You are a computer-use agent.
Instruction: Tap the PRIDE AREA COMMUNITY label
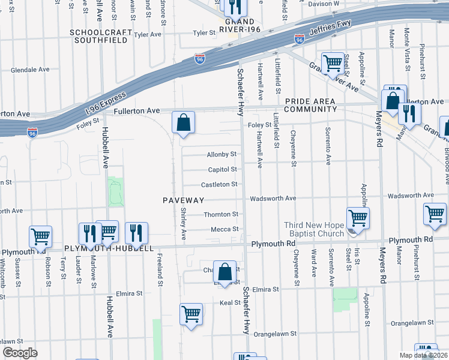point(311,106)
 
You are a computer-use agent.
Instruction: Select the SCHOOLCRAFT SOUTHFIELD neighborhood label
point(100,36)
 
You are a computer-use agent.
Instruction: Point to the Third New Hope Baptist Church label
point(314,230)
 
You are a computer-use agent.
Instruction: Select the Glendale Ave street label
point(30,70)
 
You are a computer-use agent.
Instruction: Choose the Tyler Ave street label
point(148,35)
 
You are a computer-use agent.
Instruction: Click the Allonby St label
point(222,154)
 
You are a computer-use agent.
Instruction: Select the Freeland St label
point(160,263)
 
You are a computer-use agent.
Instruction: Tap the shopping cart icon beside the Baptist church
point(358,218)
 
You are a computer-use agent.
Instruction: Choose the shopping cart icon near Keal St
point(191,313)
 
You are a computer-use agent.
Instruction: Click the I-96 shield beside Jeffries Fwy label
point(300,40)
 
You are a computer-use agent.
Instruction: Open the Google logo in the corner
point(20,353)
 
